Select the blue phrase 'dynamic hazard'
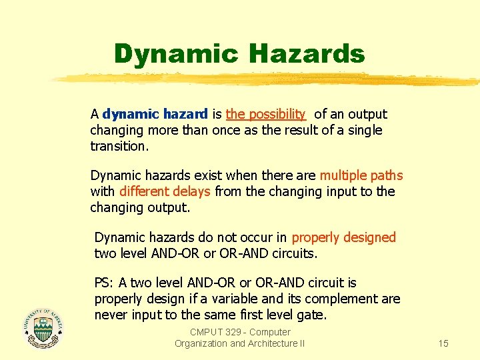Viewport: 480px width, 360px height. [155, 114]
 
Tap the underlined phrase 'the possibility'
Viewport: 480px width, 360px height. [265, 114]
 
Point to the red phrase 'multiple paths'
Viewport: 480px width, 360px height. [361, 175]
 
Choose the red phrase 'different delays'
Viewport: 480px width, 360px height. [165, 191]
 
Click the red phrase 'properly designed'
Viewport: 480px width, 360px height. [343, 237]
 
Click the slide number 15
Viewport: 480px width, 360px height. [443, 343]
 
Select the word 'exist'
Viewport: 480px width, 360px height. [207, 175]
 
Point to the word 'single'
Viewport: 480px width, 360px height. [365, 130]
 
